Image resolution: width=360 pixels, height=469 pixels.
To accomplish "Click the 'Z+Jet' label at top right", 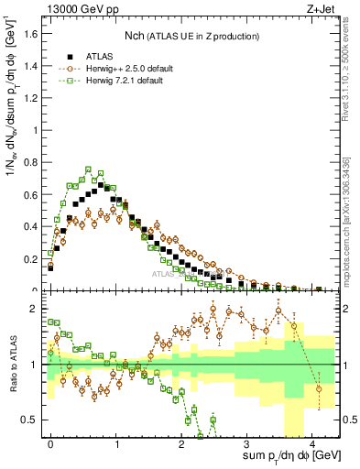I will point(322,9).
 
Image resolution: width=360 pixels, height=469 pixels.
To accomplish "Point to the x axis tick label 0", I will point(51,442).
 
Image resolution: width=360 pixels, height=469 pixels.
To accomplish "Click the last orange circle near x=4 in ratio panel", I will point(319,388).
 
